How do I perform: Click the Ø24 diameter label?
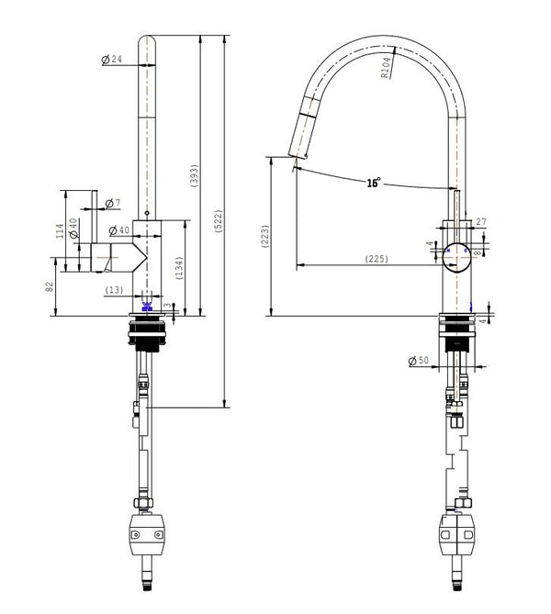pos(111,60)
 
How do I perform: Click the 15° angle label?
pos(373,183)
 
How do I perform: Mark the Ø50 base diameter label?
pos(419,361)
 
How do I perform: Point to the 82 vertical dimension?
pos(51,286)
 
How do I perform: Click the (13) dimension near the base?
pos(114,290)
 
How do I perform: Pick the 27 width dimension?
pos(480,221)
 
